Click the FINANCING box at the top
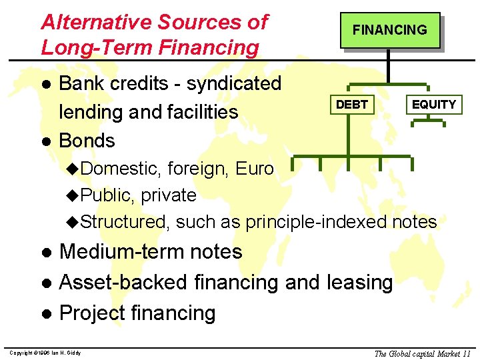click(x=389, y=30)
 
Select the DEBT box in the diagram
click(x=351, y=105)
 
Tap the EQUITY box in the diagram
click(x=433, y=105)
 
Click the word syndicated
click(x=234, y=84)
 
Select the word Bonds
click(x=87, y=141)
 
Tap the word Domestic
click(x=121, y=169)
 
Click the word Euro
click(x=254, y=169)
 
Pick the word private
click(x=168, y=195)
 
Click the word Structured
click(x=124, y=221)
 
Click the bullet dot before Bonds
click(x=46, y=142)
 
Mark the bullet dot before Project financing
click(x=46, y=314)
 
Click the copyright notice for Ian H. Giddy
click(x=45, y=353)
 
